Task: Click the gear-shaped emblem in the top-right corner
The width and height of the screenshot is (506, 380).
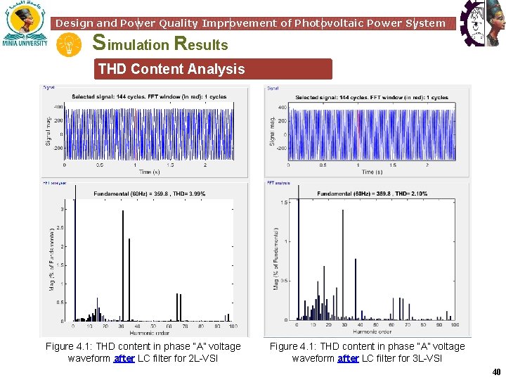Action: click(x=482, y=24)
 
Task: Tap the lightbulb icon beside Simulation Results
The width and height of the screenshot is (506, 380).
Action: click(x=69, y=45)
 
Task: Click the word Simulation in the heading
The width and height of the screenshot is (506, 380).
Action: click(x=131, y=44)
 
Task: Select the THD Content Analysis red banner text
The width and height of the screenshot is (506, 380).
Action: click(x=171, y=69)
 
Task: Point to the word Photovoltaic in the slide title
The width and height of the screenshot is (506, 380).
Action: click(x=324, y=23)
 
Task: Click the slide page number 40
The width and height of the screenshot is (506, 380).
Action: click(x=496, y=372)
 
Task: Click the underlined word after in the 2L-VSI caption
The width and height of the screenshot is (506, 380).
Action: click(x=124, y=358)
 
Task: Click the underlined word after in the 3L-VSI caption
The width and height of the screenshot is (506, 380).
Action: click(x=348, y=358)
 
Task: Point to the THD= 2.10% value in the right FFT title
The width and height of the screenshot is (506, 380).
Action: click(x=410, y=194)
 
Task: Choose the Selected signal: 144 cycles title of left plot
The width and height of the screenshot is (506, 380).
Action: click(x=148, y=96)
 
